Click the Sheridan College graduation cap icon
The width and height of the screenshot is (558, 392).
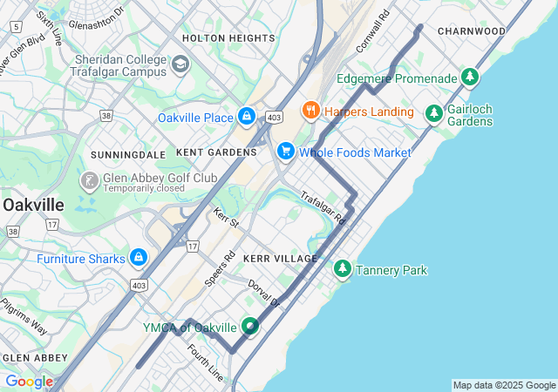tap(180, 64)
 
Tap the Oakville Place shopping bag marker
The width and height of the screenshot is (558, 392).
tap(247, 116)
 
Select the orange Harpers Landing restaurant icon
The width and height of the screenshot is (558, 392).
tap(310, 111)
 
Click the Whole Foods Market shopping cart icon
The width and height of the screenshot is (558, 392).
tap(285, 152)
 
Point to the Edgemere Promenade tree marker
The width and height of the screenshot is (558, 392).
tap(470, 78)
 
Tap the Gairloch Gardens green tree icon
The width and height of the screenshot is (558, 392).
tap(433, 113)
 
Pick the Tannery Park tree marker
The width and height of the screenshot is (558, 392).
tap(343, 269)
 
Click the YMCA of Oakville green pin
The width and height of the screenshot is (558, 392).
tap(251, 327)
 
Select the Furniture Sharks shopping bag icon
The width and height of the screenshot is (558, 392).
tap(138, 258)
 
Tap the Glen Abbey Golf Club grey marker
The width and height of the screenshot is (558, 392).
tap(89, 181)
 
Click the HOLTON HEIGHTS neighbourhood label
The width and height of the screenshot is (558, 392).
tap(228, 38)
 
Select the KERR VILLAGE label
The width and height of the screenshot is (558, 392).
tap(281, 260)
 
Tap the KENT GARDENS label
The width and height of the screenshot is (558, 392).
tap(216, 152)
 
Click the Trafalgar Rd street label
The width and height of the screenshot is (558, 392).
tap(323, 208)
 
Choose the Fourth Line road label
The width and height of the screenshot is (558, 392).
tap(205, 362)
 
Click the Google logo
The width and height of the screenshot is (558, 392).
tap(29, 382)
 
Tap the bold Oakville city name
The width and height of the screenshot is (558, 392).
tap(33, 204)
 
